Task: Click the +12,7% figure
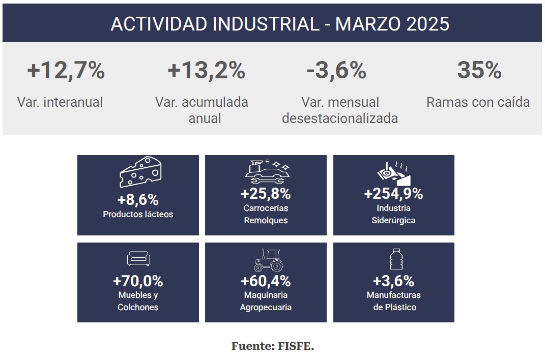click(x=66, y=70)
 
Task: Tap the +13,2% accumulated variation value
click(x=206, y=70)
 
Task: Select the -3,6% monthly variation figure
click(x=336, y=70)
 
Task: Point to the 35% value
click(x=479, y=70)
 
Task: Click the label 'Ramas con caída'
click(x=478, y=102)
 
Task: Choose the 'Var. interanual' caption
click(x=60, y=102)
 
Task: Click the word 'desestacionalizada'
click(x=339, y=118)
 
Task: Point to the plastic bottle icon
click(x=394, y=259)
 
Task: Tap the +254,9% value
click(x=393, y=194)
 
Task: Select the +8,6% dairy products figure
click(x=138, y=200)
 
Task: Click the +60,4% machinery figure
click(x=266, y=281)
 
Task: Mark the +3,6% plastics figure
click(x=393, y=281)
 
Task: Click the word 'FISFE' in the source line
click(x=296, y=347)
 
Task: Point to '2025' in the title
click(x=428, y=24)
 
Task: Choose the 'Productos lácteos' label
click(x=138, y=214)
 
